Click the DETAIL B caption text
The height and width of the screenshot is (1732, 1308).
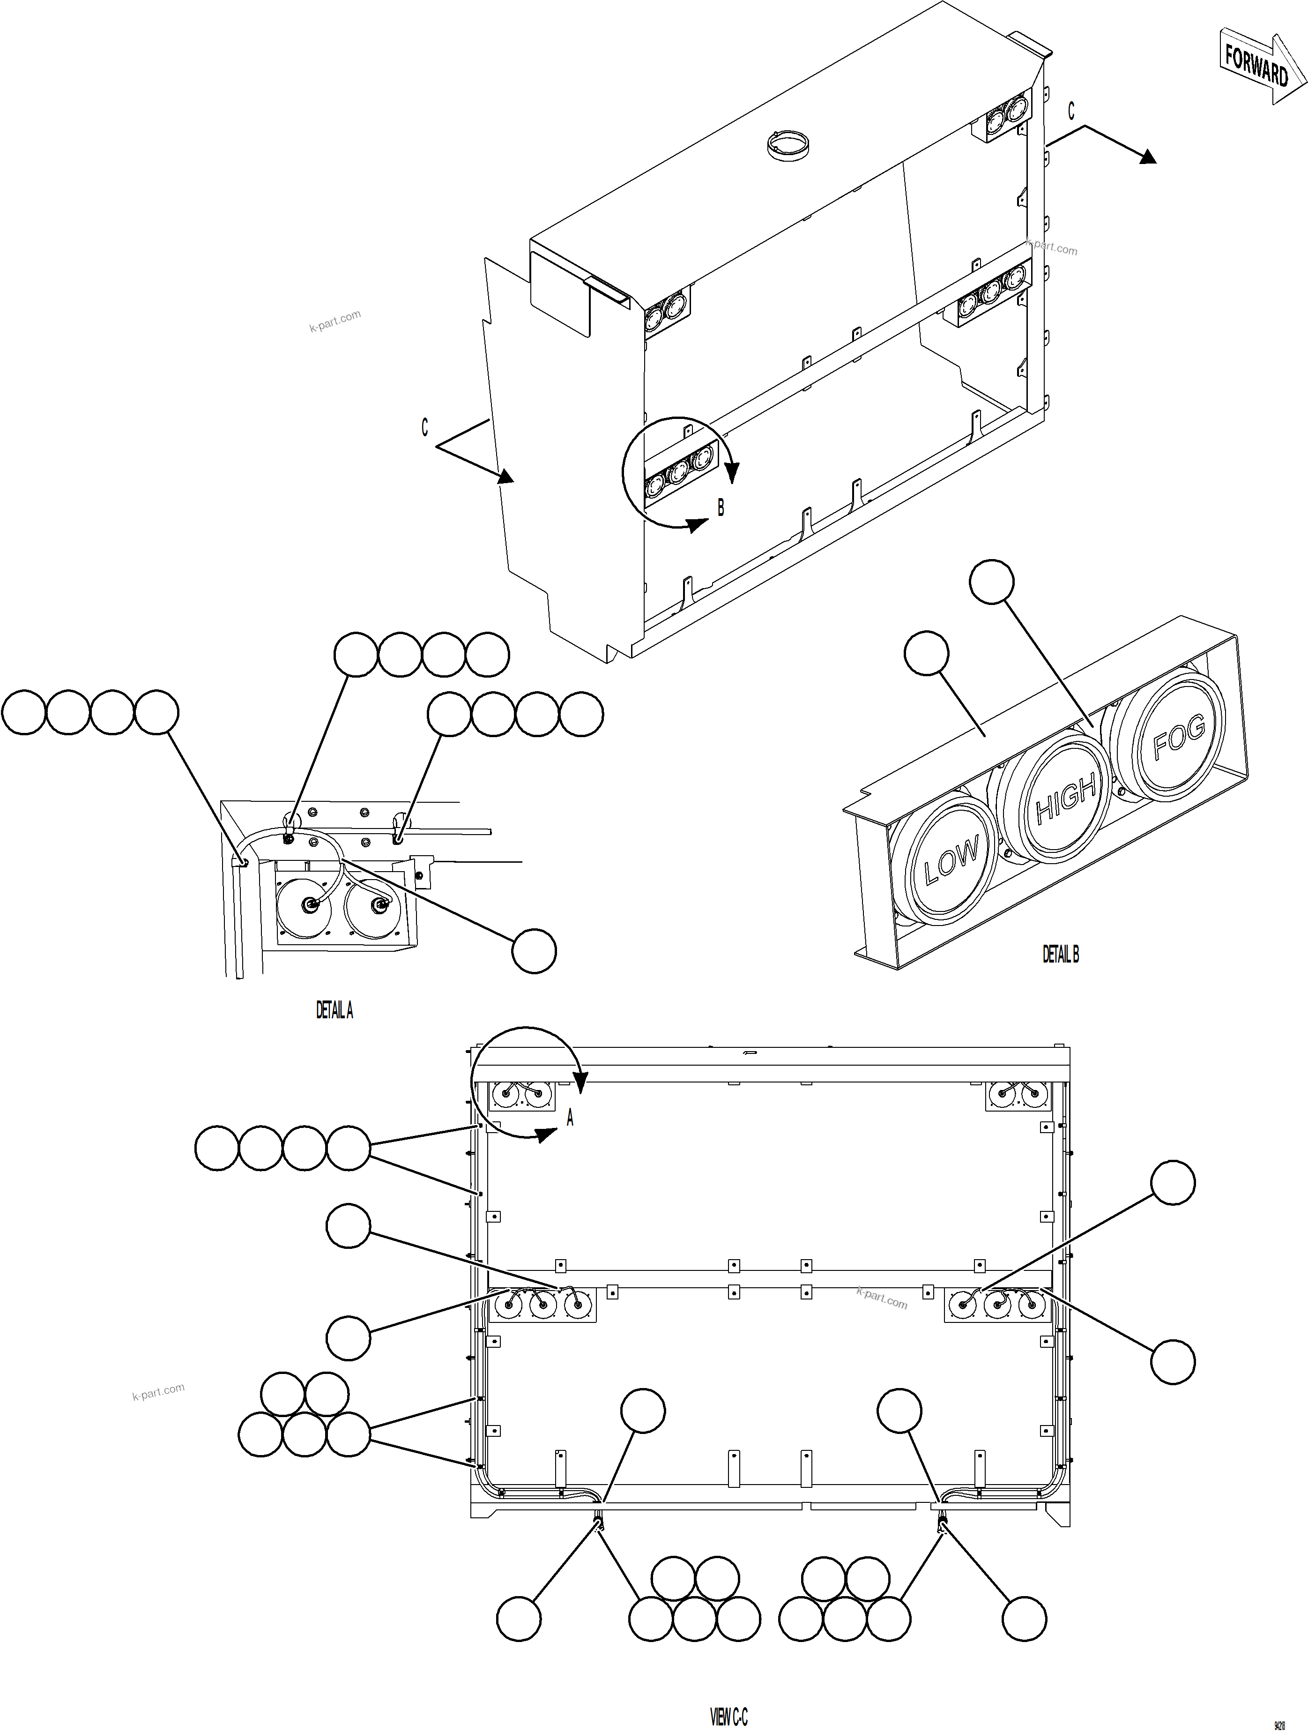point(1060,954)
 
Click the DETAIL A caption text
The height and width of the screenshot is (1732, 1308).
point(334,1011)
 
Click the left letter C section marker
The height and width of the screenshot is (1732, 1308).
point(424,427)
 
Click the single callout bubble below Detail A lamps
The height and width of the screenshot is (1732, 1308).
point(534,951)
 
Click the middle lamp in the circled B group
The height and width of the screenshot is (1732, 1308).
point(678,470)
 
